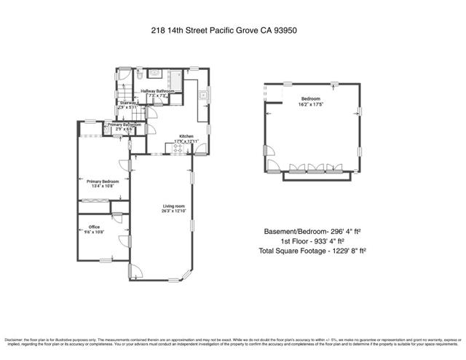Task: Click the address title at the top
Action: (233, 31)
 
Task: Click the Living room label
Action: (173, 207)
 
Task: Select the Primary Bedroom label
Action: (102, 181)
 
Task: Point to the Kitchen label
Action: (185, 136)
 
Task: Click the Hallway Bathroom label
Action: (158, 90)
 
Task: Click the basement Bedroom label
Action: (312, 99)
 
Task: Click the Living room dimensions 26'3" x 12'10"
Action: (173, 211)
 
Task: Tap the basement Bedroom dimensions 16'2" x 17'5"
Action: (312, 104)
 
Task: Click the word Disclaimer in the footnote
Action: (15, 340)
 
